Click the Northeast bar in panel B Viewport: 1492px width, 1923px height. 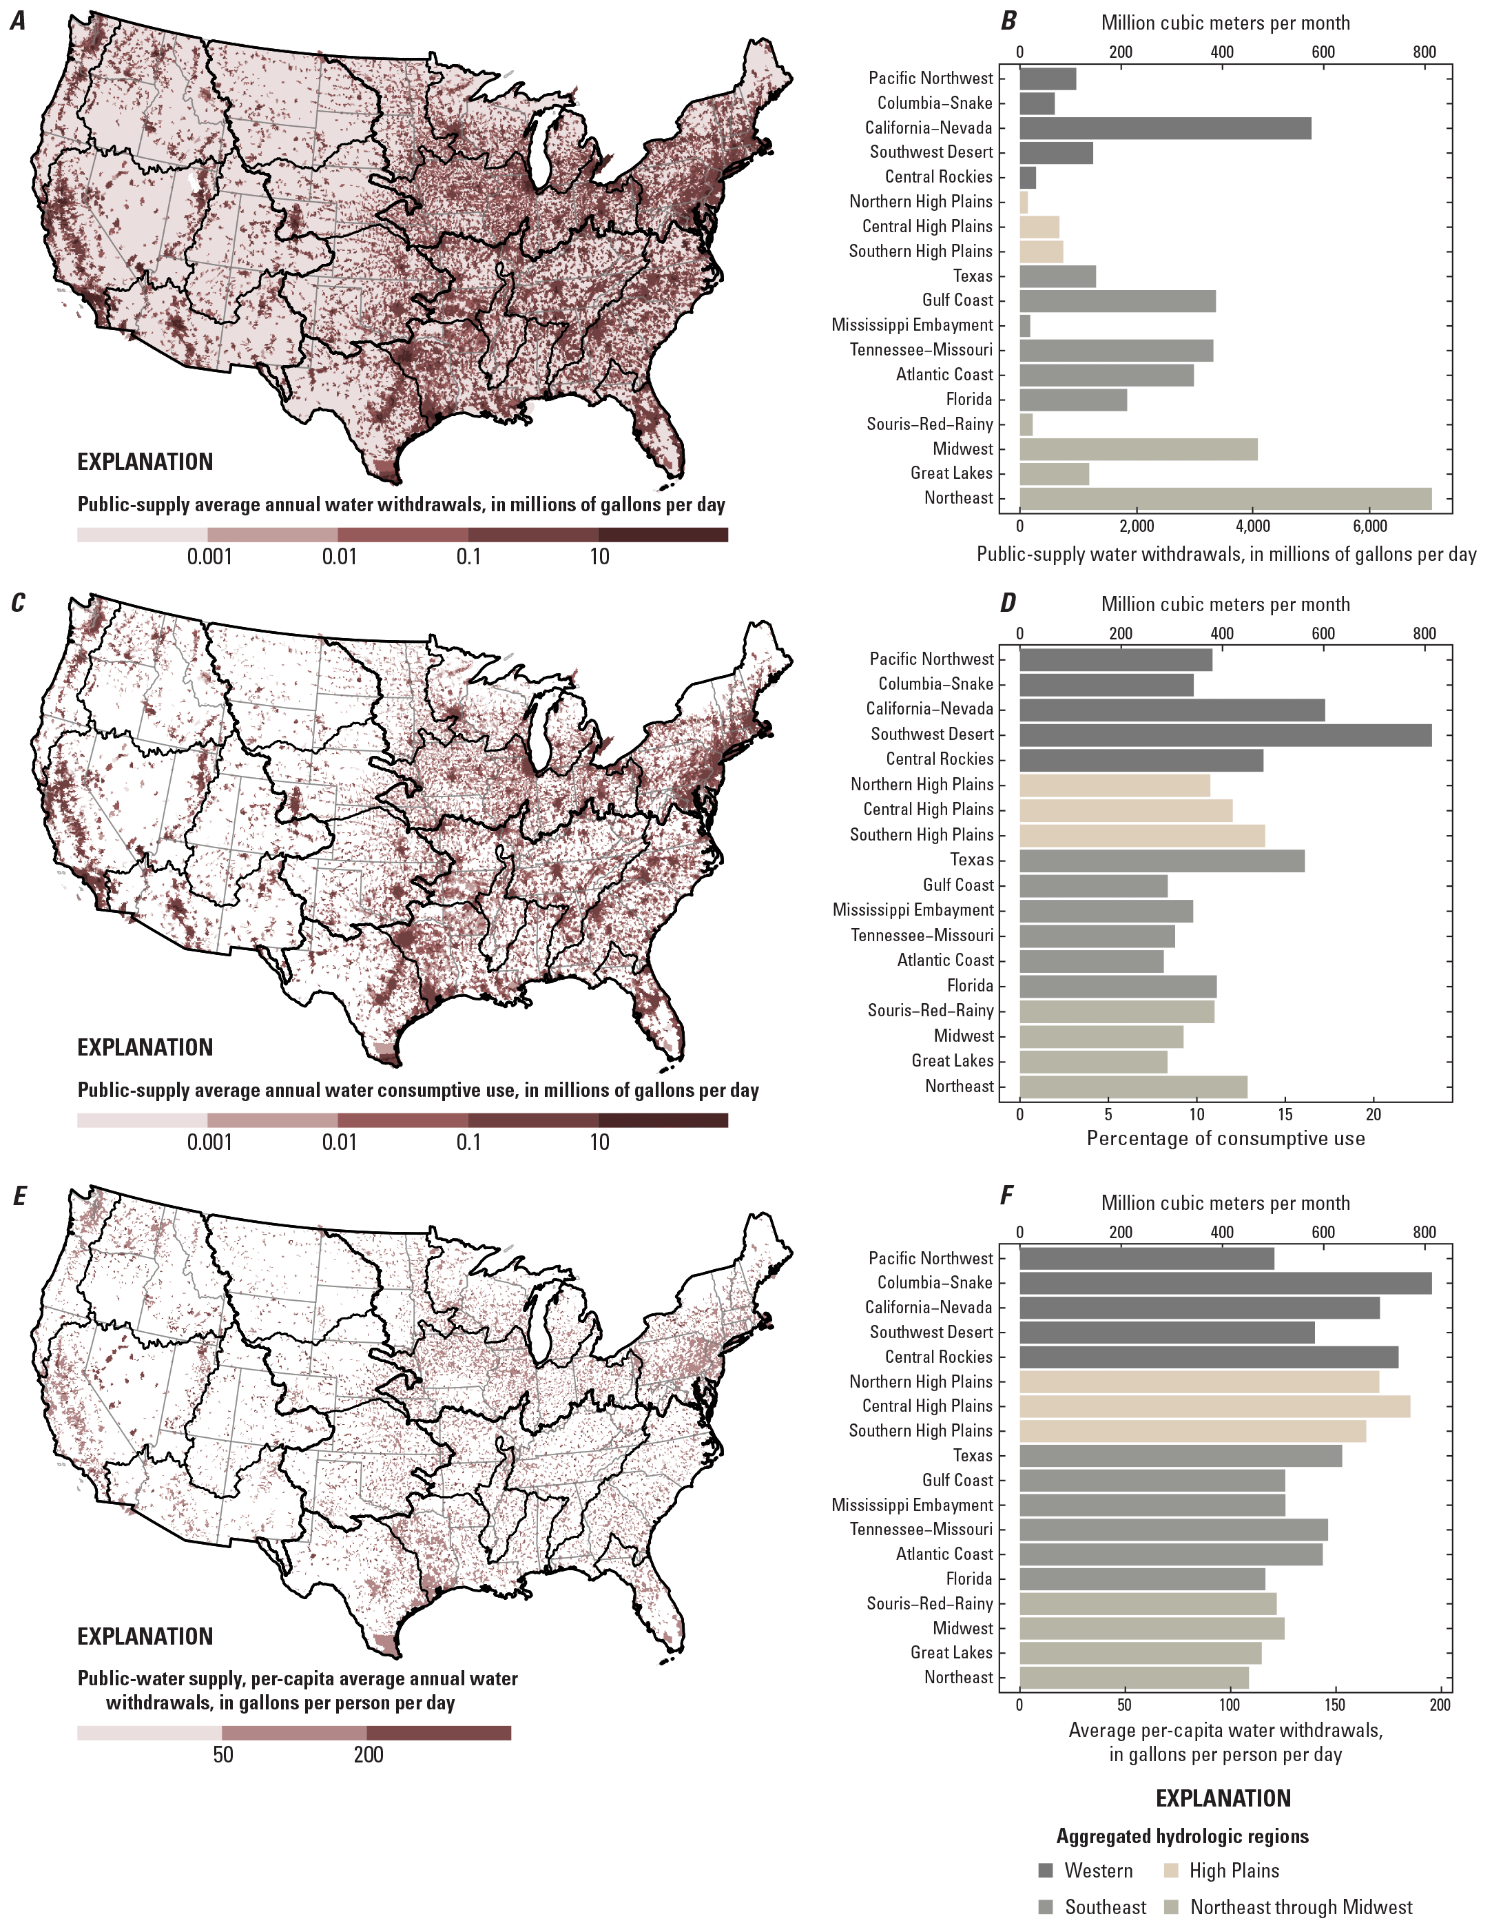[1225, 498]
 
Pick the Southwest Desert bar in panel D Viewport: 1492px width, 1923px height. [1225, 734]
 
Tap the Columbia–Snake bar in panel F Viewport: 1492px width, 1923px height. [1225, 1283]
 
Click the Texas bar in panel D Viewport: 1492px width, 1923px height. [1161, 861]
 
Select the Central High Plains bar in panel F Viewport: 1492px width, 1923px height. [1214, 1406]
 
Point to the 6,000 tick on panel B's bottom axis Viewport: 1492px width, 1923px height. [1369, 526]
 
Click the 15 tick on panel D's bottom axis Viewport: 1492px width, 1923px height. [1285, 1115]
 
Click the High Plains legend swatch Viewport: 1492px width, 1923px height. [1171, 1870]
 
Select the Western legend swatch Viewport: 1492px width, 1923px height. [1046, 1870]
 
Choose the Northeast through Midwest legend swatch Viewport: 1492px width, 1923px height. [1171, 1907]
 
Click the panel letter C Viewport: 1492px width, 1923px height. [19, 603]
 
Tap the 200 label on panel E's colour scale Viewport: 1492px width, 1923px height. [368, 1755]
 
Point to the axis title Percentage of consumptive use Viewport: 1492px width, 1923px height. [1225, 1138]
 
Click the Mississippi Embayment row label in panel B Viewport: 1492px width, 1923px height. [911, 326]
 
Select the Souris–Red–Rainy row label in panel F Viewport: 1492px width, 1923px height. [929, 1603]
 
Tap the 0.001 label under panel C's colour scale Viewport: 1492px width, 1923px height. [209, 1143]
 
